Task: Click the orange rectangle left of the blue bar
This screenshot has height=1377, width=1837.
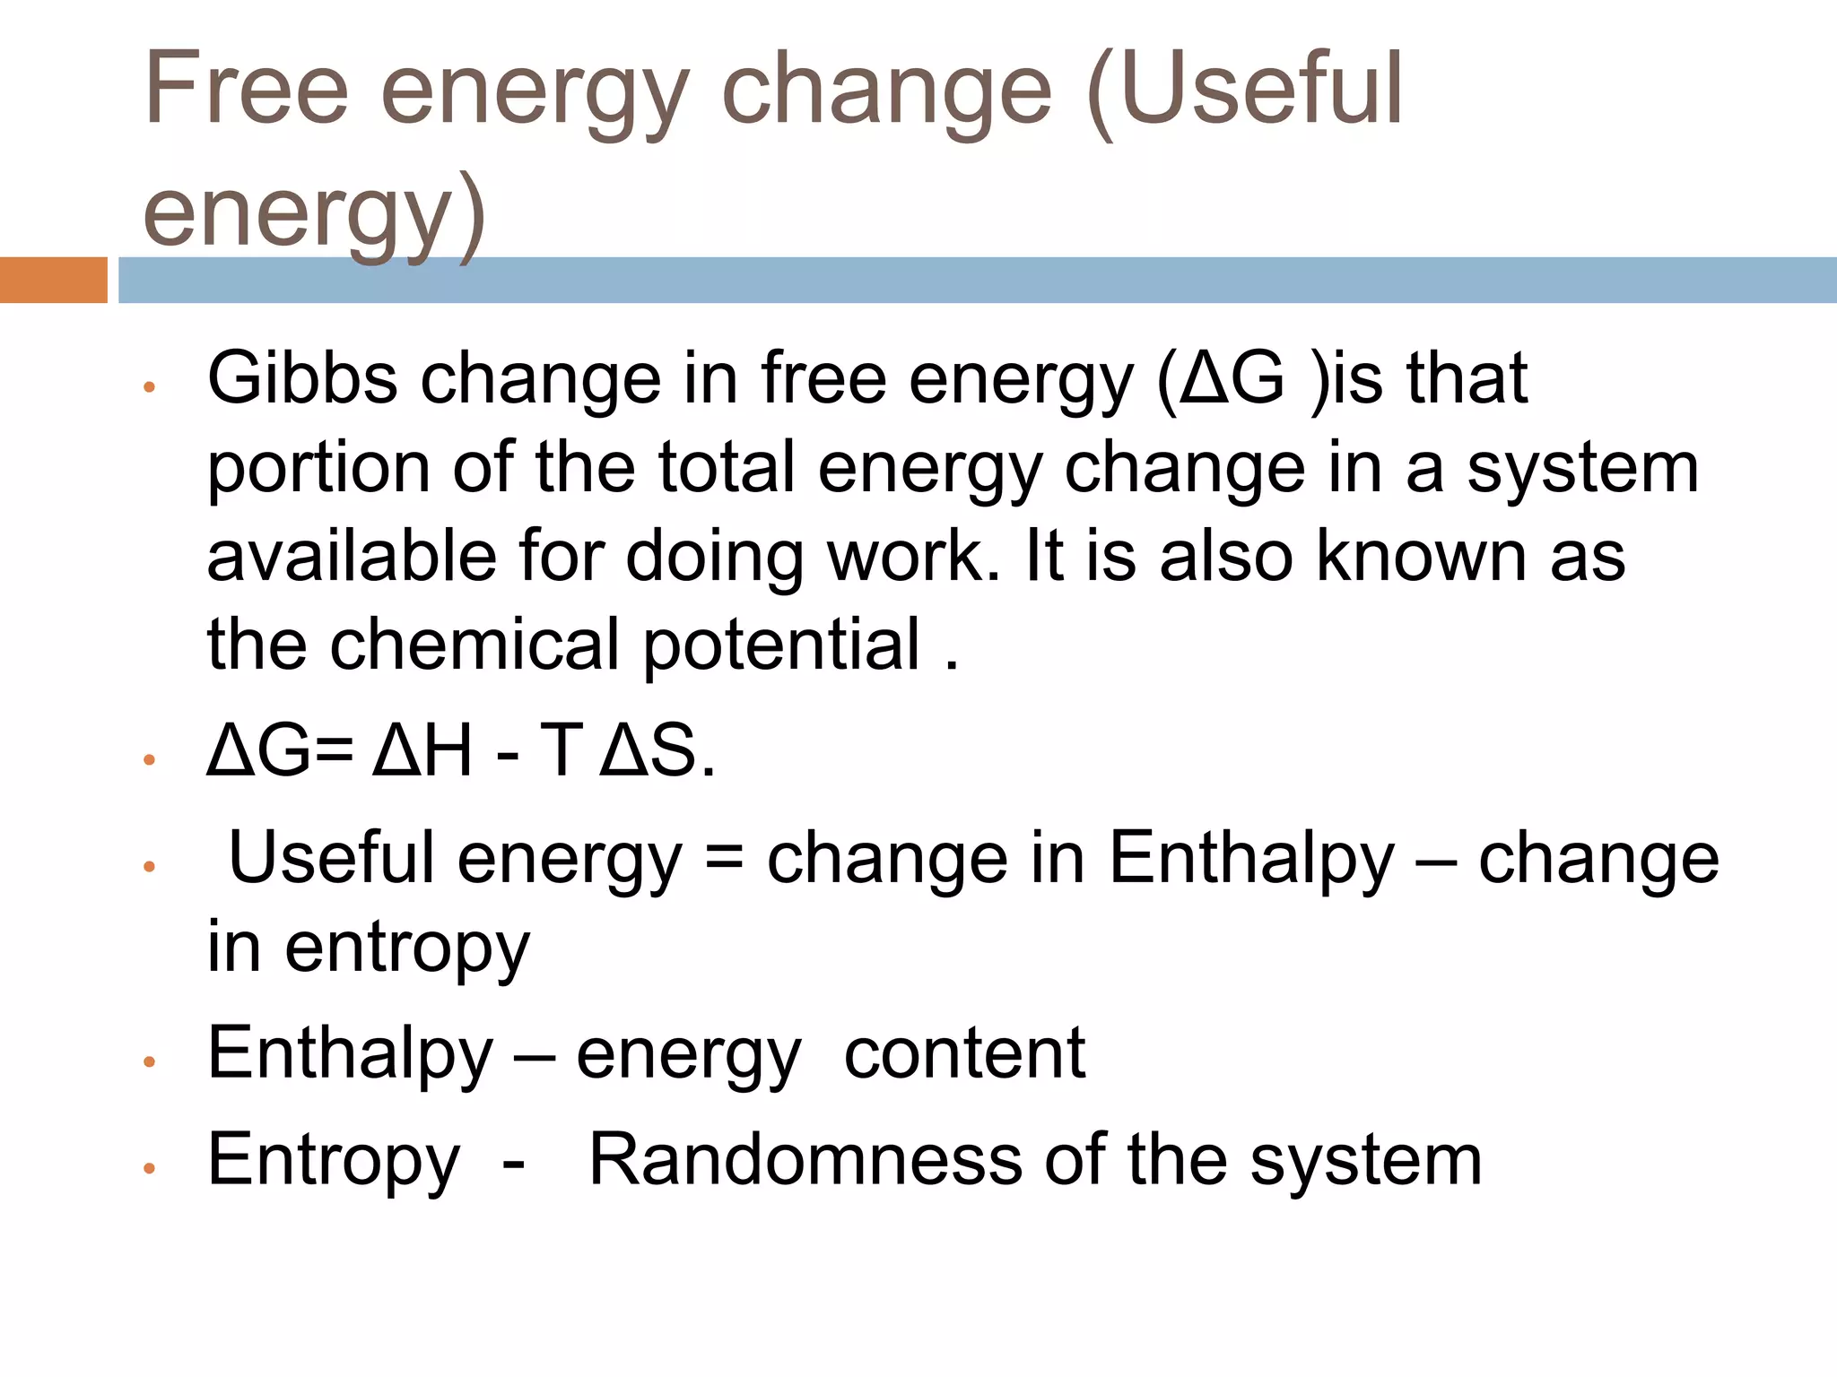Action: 53,280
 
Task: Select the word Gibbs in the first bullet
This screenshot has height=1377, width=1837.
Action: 302,378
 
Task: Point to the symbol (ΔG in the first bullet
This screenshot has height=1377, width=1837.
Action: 1221,378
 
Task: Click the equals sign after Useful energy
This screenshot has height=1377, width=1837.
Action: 724,858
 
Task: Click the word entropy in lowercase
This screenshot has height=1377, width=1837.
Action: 407,948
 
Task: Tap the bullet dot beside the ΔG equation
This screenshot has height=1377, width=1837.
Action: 150,760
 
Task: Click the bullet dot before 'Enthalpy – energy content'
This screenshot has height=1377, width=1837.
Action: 150,1062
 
